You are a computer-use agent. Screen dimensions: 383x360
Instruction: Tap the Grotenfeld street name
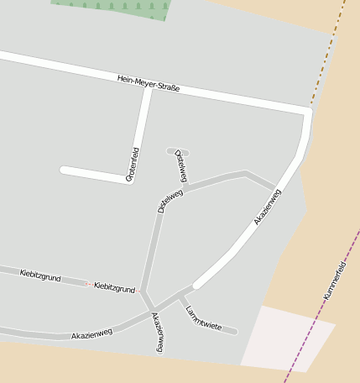point(133,165)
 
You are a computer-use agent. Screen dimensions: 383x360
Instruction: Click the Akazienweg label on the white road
point(268,207)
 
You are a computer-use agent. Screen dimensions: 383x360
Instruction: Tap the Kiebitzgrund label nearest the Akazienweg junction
point(115,287)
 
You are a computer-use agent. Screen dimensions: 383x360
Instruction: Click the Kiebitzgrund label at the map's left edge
point(40,275)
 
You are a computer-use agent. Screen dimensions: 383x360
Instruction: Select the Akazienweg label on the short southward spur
point(157,331)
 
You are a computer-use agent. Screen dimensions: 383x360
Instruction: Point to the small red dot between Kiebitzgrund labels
point(87,284)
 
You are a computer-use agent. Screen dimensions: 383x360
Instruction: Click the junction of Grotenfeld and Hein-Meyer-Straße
point(149,87)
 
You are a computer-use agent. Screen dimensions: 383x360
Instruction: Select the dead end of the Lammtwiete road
point(234,331)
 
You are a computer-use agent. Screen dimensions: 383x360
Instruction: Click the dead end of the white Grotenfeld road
point(64,170)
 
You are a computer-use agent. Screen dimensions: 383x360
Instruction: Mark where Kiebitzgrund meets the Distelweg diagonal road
point(141,291)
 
